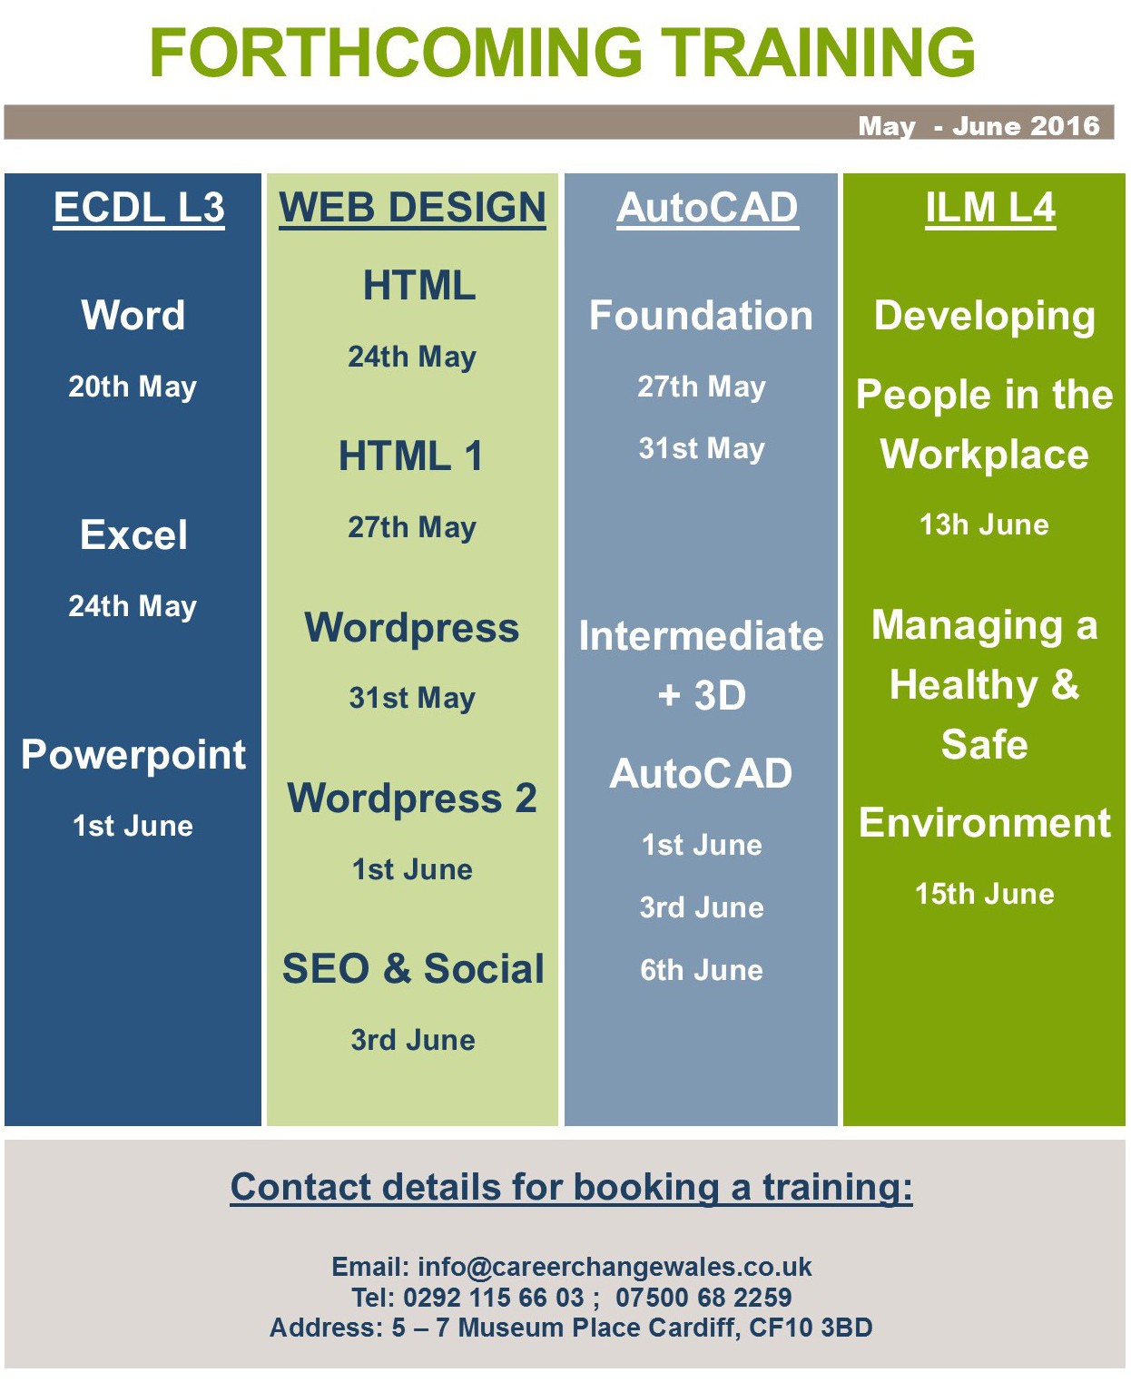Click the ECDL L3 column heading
click(x=139, y=208)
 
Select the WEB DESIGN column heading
click(x=412, y=208)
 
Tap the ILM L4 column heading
click(x=990, y=208)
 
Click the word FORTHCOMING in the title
click(x=396, y=53)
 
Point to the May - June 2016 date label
click(x=979, y=126)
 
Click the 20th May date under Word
click(x=133, y=387)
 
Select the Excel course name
click(x=133, y=534)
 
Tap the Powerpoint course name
click(x=133, y=755)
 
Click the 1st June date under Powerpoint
click(x=133, y=826)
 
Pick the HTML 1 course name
click(x=410, y=456)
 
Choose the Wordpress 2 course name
click(x=412, y=799)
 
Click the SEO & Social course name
click(x=413, y=968)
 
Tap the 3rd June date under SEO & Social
click(x=413, y=1040)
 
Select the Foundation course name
click(x=701, y=315)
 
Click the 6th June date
click(x=702, y=970)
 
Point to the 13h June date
click(x=984, y=524)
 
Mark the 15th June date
click(x=984, y=894)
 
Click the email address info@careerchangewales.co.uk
click(x=615, y=1267)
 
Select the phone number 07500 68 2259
click(x=703, y=1297)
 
